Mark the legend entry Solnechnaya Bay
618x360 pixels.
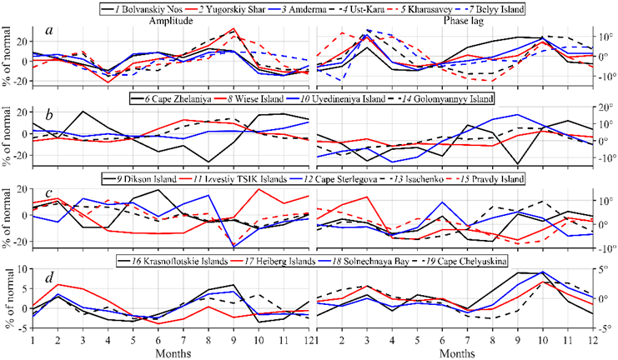click(x=383, y=261)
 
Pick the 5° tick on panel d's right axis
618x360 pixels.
click(x=605, y=269)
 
